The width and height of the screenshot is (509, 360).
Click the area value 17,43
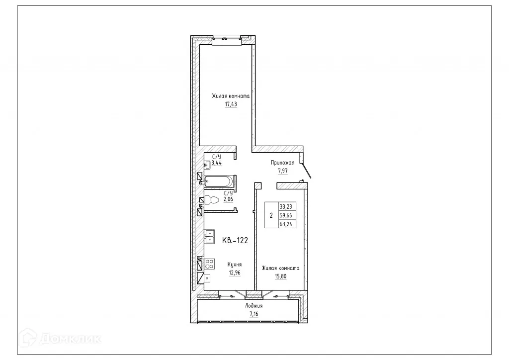point(231,105)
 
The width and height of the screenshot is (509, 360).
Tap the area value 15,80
point(281,277)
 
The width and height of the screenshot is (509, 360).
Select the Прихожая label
point(282,163)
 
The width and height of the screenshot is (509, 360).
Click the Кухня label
point(235,265)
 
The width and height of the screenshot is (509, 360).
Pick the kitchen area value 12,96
point(235,272)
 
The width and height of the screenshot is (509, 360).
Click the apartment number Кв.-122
point(235,241)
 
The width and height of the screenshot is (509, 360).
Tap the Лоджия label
point(254,306)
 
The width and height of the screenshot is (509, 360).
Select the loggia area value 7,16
point(254,314)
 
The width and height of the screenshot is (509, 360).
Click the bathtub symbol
point(218,180)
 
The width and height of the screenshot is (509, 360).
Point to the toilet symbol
point(212,200)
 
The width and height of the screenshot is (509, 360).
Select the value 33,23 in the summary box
point(286,207)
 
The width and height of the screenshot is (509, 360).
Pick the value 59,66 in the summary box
point(286,215)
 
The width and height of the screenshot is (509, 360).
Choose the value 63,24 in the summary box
point(286,224)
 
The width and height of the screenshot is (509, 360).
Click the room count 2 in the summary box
point(271,216)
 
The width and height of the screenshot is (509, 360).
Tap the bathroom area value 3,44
point(217,162)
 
